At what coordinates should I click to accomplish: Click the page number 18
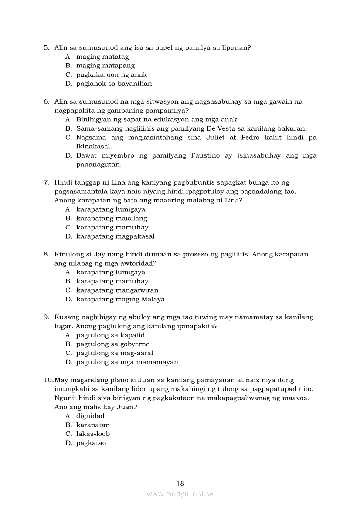180,483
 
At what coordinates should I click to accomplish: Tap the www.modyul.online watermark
180,494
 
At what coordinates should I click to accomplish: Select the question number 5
46,47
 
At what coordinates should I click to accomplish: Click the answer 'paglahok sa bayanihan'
114,84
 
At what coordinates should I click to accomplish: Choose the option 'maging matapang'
105,66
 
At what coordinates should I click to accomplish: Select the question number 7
46,182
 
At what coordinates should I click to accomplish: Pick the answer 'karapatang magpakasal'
115,236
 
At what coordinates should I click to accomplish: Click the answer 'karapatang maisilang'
112,218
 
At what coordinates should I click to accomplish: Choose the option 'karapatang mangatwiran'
117,290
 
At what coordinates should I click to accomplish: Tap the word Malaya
153,299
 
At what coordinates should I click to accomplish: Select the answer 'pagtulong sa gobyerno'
113,344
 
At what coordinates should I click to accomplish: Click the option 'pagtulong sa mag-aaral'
115,353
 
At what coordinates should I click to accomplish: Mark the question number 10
48,380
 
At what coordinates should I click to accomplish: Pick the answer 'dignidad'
90,416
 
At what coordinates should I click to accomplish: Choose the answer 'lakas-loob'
93,434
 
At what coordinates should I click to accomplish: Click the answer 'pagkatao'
91,443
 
